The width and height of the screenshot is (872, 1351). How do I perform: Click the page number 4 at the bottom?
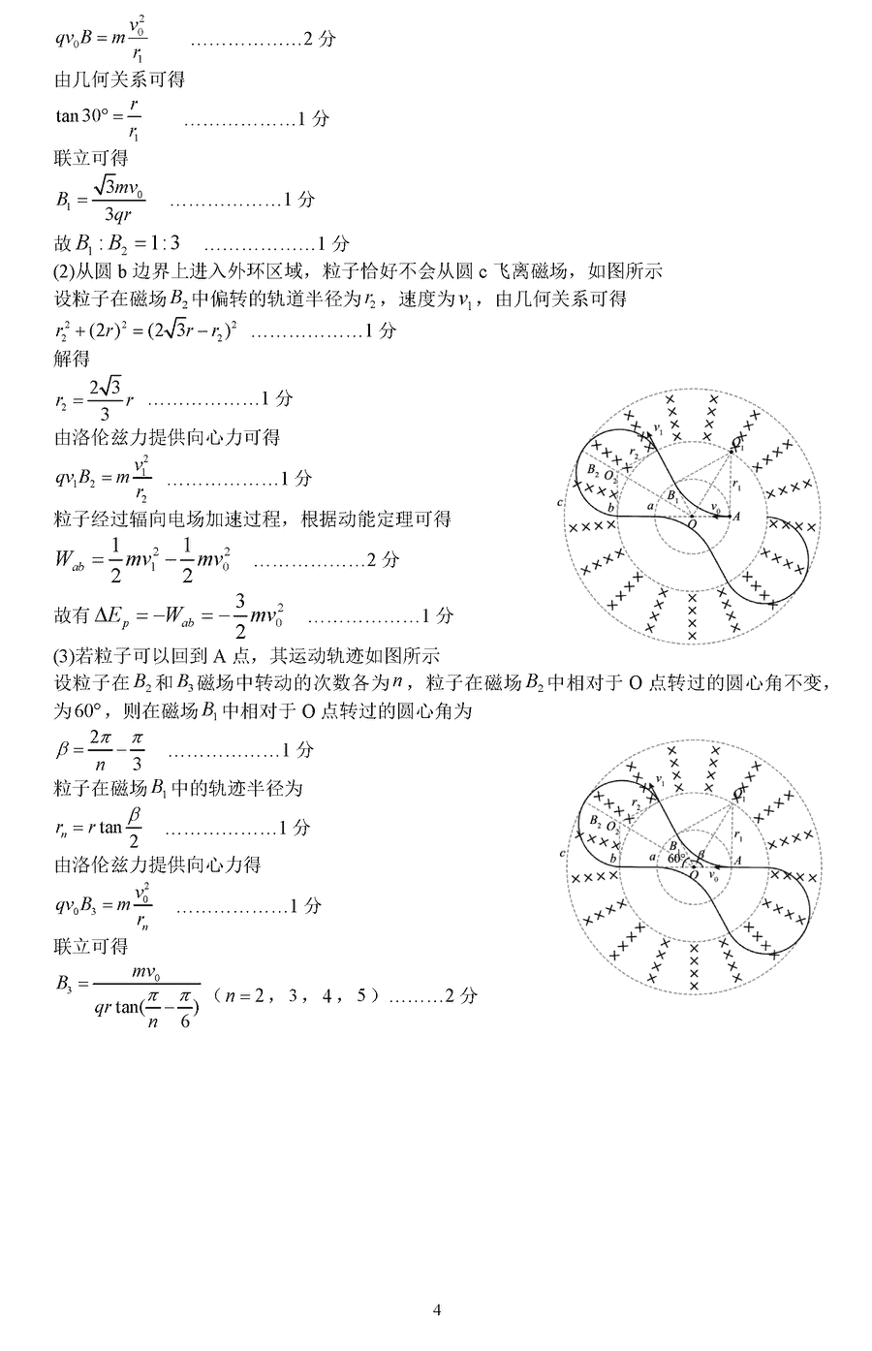tap(437, 1310)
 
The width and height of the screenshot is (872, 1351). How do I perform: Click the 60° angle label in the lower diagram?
tap(676, 858)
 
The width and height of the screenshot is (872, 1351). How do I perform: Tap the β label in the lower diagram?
tap(701, 854)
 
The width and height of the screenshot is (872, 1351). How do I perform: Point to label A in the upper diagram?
tap(736, 517)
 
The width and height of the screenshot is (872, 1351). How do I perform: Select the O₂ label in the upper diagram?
tap(609, 477)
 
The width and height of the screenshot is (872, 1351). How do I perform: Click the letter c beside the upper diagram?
tap(561, 503)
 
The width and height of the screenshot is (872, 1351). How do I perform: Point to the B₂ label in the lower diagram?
tap(594, 821)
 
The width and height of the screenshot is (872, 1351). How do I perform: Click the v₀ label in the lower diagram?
tap(715, 875)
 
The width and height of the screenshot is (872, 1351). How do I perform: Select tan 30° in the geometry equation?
tap(80, 117)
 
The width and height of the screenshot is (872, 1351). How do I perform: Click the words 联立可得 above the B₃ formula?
tap(91, 945)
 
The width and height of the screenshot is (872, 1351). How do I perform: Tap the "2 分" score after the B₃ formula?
tap(461, 995)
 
